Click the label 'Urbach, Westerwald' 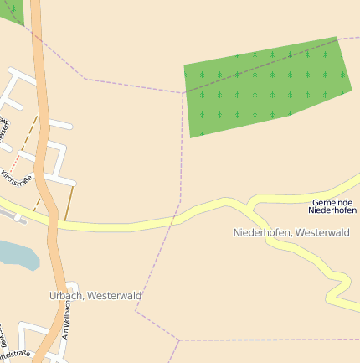[95, 296]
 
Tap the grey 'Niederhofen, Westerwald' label [291, 232]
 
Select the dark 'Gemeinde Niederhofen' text [332, 206]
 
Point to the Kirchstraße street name [16, 179]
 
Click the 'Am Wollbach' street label [67, 319]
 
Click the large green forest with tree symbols [264, 87]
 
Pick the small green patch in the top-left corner [11, 10]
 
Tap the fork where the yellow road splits [249, 205]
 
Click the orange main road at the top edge [36, 4]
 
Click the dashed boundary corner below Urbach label [136, 312]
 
